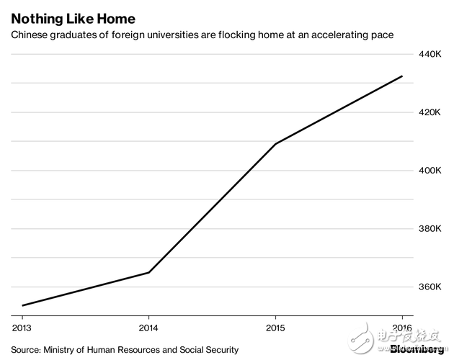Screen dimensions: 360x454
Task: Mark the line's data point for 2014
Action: coord(148,272)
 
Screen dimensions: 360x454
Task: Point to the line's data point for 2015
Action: coord(275,144)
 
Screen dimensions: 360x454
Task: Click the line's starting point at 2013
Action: coord(22,305)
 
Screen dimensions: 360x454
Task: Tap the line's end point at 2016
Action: coord(401,76)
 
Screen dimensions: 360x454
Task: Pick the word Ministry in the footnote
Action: coord(62,350)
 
